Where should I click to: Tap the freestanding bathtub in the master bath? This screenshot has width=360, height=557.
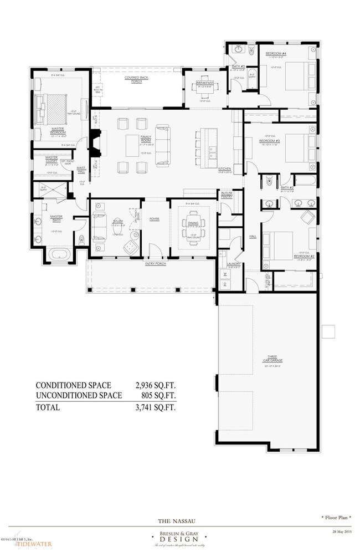point(59,254)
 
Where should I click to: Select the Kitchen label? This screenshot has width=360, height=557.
point(224,168)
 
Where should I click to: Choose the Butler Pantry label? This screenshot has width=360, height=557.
point(227,195)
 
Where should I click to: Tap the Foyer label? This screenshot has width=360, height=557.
point(155,219)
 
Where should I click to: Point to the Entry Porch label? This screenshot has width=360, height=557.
point(156,263)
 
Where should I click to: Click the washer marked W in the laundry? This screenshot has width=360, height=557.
point(225,273)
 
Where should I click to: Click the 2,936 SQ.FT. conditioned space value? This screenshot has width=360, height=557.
point(155,385)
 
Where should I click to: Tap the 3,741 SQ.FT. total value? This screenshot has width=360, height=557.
point(155,407)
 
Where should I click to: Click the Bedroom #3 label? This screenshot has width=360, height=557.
point(269,141)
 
